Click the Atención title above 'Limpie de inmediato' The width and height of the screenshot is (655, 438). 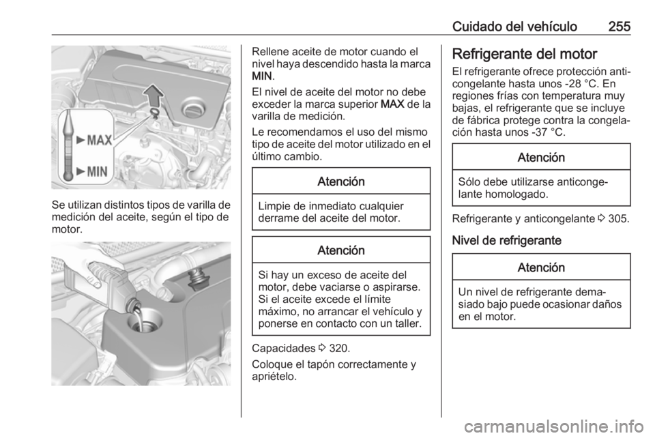[341, 181]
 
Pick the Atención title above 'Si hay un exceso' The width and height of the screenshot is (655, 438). [341, 250]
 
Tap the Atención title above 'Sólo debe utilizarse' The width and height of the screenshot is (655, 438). [542, 158]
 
